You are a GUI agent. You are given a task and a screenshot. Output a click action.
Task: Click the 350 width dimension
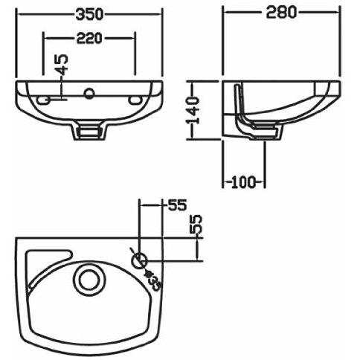point(89,14)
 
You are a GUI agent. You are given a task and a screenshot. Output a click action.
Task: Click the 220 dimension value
point(89,39)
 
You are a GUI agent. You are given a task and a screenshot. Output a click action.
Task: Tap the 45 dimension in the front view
point(61,65)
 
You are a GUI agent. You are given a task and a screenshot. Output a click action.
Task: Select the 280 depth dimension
point(281,12)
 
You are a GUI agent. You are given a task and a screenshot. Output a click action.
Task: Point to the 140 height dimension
point(193,110)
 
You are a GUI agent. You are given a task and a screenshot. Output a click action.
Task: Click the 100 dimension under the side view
point(243,182)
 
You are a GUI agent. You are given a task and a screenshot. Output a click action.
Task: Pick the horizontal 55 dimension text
point(177,205)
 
